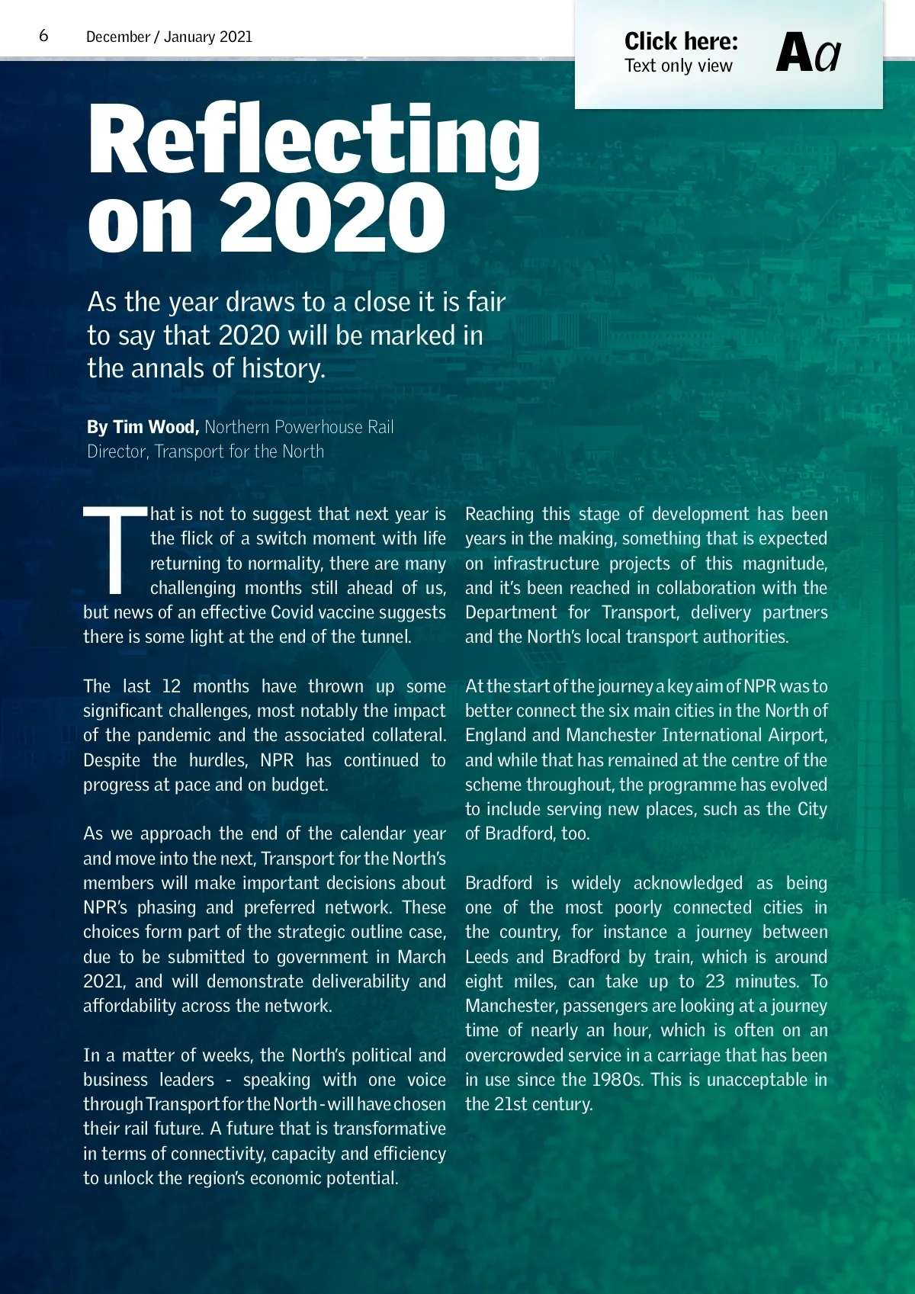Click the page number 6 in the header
43,36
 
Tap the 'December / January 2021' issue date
169,37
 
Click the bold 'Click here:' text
681,41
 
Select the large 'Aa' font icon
807,53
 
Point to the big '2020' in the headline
332,219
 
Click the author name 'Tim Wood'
156,427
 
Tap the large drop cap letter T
114,549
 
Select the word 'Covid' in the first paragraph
291,612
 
